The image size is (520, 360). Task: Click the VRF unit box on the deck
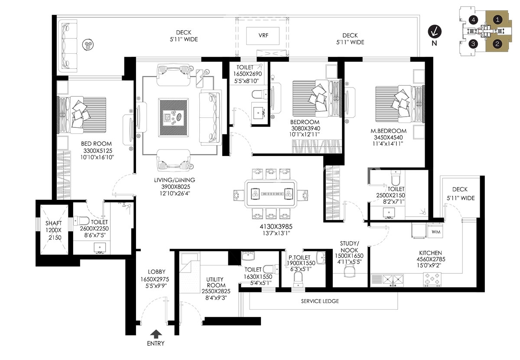(263, 36)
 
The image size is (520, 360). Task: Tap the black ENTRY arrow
(156, 334)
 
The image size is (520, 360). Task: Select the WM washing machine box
(435, 231)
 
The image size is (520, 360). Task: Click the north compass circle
(435, 32)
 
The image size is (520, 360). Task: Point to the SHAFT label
(54, 223)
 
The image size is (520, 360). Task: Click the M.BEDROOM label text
(388, 131)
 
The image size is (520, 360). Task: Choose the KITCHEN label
(430, 253)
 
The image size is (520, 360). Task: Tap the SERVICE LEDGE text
(320, 301)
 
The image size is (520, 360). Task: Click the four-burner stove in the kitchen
(432, 279)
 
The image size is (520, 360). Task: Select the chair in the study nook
(349, 271)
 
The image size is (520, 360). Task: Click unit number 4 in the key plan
(473, 20)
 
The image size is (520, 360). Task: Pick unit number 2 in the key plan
(497, 44)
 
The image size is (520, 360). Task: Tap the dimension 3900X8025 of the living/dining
(175, 187)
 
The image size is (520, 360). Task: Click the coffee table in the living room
(174, 117)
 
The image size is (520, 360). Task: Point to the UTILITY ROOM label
(216, 282)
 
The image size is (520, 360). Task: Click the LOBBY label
(157, 272)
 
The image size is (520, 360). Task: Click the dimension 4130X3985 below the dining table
(276, 226)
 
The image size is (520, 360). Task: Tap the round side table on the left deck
(88, 45)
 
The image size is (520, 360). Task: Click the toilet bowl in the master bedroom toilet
(395, 178)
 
